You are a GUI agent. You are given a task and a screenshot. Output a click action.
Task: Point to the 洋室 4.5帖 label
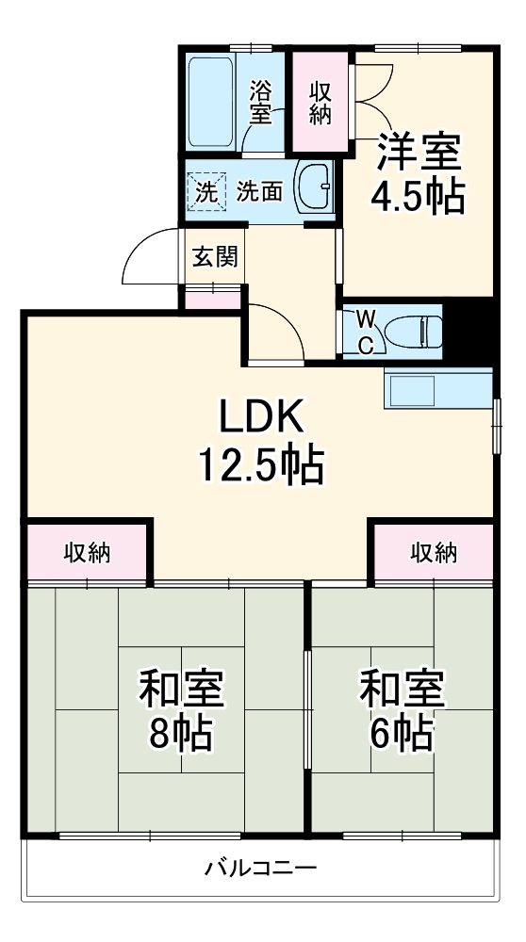pyautogui.click(x=420, y=172)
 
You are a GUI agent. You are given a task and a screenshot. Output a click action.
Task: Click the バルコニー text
pyautogui.click(x=261, y=867)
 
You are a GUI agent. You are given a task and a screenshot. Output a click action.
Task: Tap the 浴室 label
pyautogui.click(x=261, y=103)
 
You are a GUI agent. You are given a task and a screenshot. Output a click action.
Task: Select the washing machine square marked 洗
pyautogui.click(x=206, y=190)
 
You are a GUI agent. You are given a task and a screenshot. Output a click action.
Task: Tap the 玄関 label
pyautogui.click(x=215, y=256)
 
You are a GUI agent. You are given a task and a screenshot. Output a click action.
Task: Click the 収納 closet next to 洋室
pyautogui.click(x=320, y=102)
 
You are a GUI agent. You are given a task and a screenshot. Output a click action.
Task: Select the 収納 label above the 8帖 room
pyautogui.click(x=87, y=553)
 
